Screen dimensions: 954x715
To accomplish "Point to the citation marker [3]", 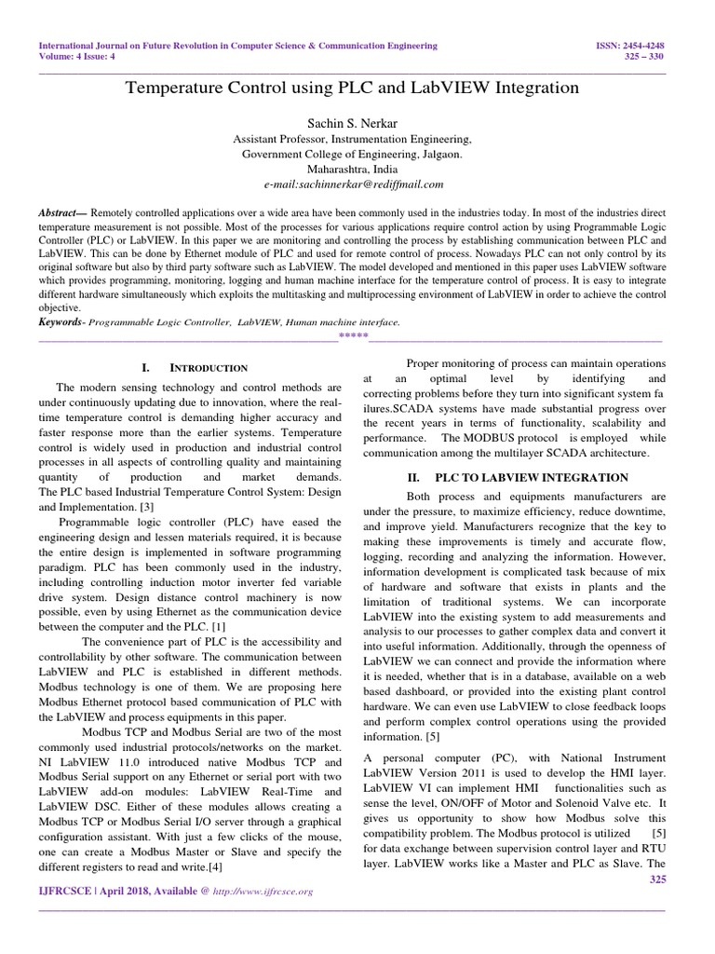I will point(146,506).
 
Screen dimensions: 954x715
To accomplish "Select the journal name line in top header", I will point(237,45).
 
